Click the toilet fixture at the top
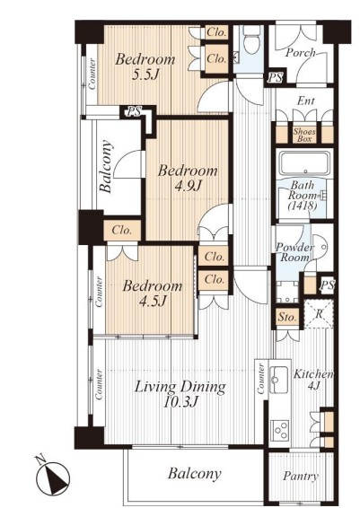coord(251,39)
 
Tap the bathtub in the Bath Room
coord(304,163)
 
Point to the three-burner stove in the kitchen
coord(279,430)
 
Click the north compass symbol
coord(51,476)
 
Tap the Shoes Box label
coord(304,136)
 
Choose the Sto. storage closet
coord(286,317)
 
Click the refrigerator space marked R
coord(319,313)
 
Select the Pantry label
coord(301,476)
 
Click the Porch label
coord(300,52)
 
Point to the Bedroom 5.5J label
coord(145,66)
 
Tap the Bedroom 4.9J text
coord(188,178)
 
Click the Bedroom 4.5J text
coord(153,293)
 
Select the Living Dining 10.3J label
coord(180,394)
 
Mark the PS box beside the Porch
coord(276,78)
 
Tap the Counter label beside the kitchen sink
coord(261,379)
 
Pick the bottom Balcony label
coord(195,474)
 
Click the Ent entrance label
coord(305,101)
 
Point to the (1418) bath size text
coord(302,206)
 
